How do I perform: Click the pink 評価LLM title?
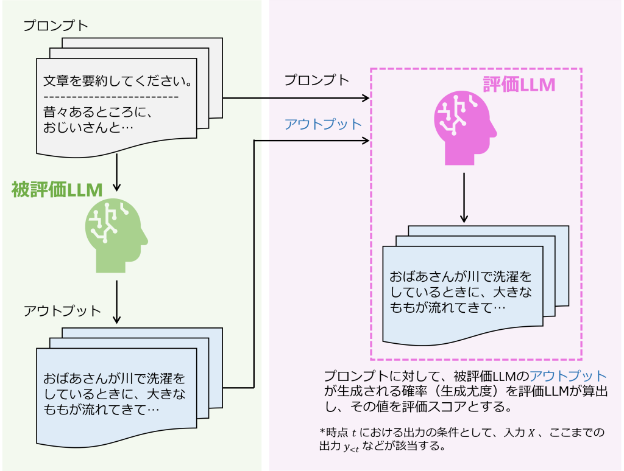coord(519,85)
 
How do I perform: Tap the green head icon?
coord(116,234)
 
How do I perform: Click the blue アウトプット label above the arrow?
coord(323,124)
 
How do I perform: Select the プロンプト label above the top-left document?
coord(55,26)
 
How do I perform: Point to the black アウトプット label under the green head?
coord(62,311)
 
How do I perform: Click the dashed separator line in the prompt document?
coord(112,97)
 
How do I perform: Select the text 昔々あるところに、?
coord(97,113)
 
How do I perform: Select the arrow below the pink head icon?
coord(464,198)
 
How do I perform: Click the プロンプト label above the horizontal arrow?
coord(317,80)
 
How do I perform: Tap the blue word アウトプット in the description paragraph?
coord(568,375)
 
